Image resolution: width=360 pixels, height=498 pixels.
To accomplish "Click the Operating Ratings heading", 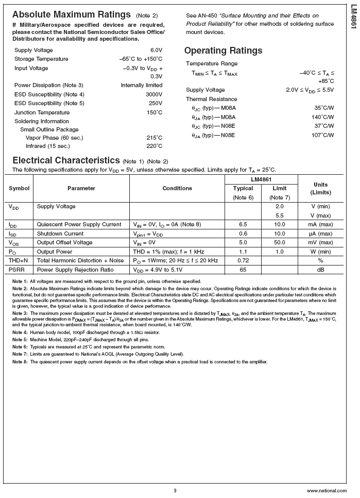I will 223,51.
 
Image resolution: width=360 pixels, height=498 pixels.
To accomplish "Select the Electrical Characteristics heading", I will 66,160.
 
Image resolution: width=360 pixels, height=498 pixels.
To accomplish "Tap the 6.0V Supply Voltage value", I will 156,50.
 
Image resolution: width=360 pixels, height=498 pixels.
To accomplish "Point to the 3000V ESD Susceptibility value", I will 154,94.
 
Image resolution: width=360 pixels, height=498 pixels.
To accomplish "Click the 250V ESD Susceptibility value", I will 156,103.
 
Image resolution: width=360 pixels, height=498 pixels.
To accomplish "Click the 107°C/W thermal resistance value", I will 323,135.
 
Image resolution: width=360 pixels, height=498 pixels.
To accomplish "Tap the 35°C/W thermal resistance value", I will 324,108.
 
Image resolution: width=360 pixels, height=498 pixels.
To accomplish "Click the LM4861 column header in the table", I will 261,179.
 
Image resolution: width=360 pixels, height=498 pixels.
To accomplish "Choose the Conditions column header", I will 177,188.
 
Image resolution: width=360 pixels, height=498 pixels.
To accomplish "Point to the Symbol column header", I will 19,188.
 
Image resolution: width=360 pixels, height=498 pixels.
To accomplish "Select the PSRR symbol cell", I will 15,269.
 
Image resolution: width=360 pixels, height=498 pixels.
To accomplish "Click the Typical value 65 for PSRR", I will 243,269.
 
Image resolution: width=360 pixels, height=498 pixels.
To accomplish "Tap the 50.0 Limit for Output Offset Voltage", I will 280,242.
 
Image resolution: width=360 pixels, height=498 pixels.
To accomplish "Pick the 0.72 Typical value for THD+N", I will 243,260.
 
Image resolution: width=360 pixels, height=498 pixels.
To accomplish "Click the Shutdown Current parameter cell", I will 60,234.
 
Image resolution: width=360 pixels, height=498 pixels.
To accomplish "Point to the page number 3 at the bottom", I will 175,490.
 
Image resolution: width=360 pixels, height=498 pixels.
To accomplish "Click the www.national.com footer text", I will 327,491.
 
